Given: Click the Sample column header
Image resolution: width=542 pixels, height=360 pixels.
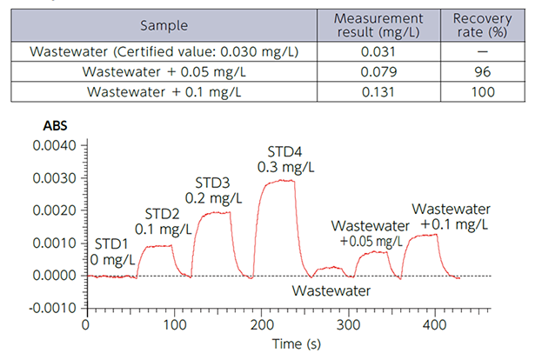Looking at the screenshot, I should (164, 24).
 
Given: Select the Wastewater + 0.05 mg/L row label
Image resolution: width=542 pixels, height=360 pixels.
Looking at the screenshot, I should (164, 71).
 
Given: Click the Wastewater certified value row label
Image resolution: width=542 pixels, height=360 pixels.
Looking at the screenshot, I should (164, 51).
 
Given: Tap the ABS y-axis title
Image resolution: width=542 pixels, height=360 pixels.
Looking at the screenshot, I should (55, 124).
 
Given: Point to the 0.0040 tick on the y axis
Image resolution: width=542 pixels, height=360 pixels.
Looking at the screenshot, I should (54, 144).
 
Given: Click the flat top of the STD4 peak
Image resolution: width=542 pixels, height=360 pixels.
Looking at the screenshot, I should (278, 181).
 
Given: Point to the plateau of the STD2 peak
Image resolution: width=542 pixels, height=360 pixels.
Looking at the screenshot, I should (157, 246).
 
